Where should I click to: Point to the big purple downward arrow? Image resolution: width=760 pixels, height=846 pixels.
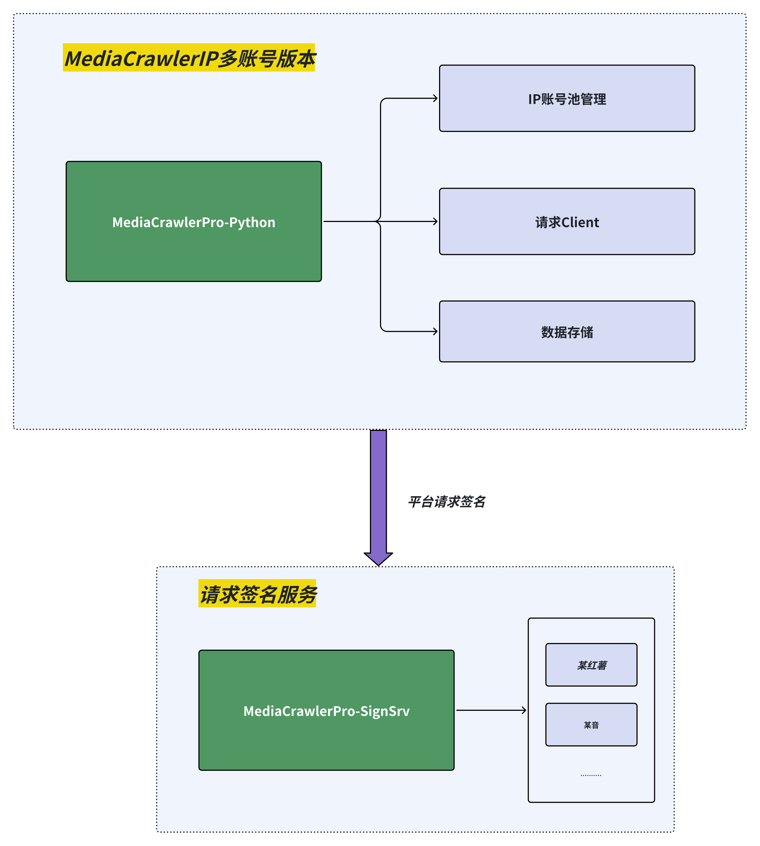tap(378, 492)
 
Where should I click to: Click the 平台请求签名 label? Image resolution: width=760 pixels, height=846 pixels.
tap(446, 501)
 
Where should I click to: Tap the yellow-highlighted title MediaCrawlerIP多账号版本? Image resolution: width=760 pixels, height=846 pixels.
tap(189, 58)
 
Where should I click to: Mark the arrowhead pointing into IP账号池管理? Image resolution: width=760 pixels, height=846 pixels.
tap(435, 98)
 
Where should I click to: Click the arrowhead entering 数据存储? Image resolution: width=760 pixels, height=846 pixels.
tap(435, 331)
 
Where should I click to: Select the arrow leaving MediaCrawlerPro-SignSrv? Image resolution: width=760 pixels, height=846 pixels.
tap(491, 710)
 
